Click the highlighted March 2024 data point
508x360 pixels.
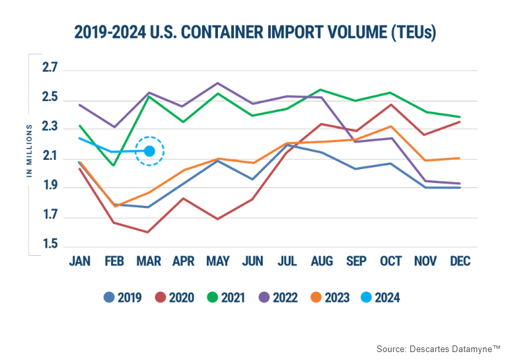tap(149, 151)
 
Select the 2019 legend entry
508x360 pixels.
tap(123, 297)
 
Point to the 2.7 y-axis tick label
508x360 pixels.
tap(50, 69)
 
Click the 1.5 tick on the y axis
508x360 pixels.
tap(50, 246)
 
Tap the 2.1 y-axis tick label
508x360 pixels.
tap(50, 157)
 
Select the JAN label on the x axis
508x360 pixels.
tap(80, 262)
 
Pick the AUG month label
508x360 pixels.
tap(322, 262)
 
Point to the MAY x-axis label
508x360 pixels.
tap(218, 262)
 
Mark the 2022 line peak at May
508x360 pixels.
tap(218, 83)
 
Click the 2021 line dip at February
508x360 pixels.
tap(114, 165)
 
